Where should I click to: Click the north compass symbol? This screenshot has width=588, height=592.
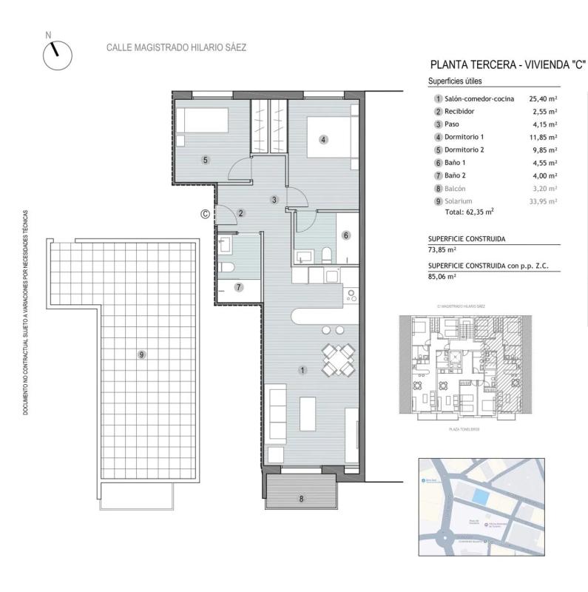tap(58, 55)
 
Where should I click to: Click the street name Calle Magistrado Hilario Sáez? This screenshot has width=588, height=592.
tap(177, 47)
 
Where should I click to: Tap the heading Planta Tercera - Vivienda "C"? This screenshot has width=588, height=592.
tap(507, 65)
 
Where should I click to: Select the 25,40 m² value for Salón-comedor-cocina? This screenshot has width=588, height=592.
tap(543, 98)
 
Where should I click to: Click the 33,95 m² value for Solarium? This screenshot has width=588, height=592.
tap(543, 201)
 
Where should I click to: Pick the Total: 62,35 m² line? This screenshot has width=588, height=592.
tap(469, 211)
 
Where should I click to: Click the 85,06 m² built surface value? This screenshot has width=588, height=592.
tap(442, 275)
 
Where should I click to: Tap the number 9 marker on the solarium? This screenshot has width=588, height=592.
tap(141, 355)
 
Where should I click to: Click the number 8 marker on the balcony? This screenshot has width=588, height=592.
tap(302, 498)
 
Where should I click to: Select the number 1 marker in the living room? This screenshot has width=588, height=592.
tap(302, 369)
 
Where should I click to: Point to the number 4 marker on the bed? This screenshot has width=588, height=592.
tap(323, 138)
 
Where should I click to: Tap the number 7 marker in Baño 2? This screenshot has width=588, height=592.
tap(238, 287)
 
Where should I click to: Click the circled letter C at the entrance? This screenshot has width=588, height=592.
tap(205, 215)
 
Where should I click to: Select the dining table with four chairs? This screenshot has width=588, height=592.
tap(337, 360)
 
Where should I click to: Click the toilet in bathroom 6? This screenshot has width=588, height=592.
tap(326, 255)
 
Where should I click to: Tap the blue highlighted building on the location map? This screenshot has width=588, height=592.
tap(481, 498)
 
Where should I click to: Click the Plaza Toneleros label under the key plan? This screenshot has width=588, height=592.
tap(459, 428)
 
